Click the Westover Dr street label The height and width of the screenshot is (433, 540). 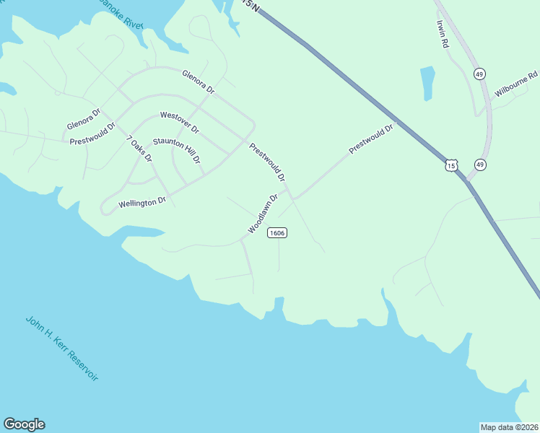coord(180,121)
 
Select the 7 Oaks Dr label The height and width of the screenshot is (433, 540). coord(139,148)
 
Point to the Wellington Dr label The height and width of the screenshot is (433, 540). coord(137,203)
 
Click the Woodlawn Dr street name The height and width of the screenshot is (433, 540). coord(263,213)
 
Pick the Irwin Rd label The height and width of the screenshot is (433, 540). coord(443,33)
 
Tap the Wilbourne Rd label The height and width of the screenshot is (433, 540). coord(516,85)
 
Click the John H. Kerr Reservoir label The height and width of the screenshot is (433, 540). coord(61,348)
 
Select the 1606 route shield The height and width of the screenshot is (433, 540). coord(277,232)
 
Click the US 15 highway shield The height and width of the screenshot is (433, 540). coord(451,165)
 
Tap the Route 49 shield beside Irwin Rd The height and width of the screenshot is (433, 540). coord(479,74)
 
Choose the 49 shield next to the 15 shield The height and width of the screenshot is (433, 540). coord(480,165)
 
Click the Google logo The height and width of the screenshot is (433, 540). coord(24,424)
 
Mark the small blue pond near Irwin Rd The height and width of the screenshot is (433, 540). coord(427,83)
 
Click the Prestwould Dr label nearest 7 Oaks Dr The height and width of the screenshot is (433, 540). coord(93,134)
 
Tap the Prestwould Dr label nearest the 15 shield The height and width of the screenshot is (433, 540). coord(371,139)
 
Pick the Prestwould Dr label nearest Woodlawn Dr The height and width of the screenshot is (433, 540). coord(267,162)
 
